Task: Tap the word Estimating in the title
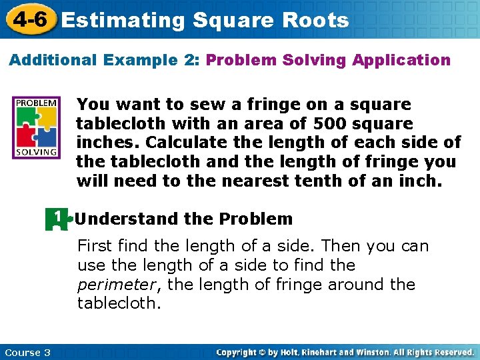pyautogui.click(x=123, y=20)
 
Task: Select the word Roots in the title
pyautogui.click(x=315, y=20)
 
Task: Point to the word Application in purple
pyautogui.click(x=401, y=60)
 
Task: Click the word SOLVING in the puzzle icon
pyautogui.click(x=37, y=151)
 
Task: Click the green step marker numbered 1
pyautogui.click(x=57, y=219)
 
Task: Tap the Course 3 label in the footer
pyautogui.click(x=27, y=352)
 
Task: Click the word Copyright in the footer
pyautogui.click(x=238, y=352)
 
